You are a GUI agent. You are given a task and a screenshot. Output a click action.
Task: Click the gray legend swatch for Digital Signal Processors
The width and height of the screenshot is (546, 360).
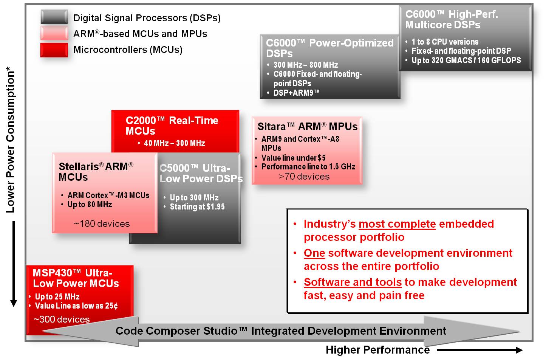(54, 17)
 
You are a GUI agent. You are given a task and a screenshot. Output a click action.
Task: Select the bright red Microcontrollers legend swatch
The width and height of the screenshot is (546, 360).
(54, 50)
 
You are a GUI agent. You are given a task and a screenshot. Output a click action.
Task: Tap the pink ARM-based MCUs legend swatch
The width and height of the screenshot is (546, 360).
(54, 33)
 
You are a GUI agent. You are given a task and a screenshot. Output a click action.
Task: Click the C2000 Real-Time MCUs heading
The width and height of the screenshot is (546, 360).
(172, 126)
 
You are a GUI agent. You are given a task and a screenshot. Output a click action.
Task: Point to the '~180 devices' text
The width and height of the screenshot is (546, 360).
(102, 223)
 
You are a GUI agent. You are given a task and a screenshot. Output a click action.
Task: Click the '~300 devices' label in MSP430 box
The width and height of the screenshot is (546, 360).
(62, 319)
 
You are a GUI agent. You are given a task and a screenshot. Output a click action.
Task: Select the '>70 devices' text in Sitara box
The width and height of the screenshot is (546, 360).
(304, 176)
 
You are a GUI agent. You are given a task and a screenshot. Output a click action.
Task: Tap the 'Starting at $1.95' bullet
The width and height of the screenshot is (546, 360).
(197, 206)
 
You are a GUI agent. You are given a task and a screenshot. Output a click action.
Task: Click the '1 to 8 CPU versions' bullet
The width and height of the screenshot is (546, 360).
(445, 42)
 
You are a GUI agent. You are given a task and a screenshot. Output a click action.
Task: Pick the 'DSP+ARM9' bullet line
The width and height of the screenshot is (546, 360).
(296, 93)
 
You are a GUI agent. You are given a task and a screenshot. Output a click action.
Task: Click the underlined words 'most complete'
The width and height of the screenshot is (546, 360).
(397, 224)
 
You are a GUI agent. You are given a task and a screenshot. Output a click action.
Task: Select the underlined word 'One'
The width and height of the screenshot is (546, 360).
(314, 253)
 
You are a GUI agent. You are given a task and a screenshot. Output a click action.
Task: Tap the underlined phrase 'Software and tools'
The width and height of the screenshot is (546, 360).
(353, 282)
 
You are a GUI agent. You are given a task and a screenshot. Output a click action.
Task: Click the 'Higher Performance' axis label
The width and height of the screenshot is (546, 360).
(377, 350)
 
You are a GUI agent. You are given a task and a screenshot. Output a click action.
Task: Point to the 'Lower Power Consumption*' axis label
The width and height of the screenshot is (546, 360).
(11, 140)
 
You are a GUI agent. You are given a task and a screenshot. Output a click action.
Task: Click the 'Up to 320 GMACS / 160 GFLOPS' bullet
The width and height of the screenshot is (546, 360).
(466, 60)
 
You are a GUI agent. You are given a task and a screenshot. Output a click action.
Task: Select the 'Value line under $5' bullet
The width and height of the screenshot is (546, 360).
(293, 158)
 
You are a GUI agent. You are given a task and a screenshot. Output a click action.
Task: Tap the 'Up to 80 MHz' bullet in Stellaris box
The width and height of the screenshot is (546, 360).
(90, 204)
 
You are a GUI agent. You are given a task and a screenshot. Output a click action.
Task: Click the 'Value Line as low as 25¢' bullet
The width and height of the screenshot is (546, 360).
(76, 306)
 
